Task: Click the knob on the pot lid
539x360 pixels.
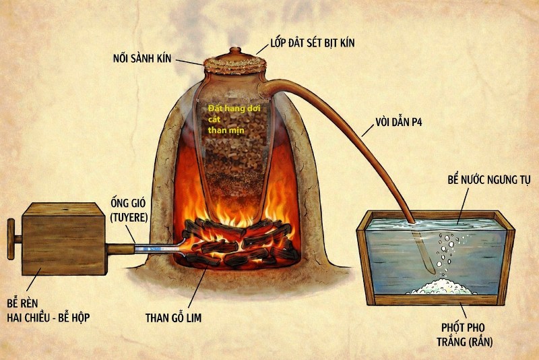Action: pyautogui.click(x=233, y=50)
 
